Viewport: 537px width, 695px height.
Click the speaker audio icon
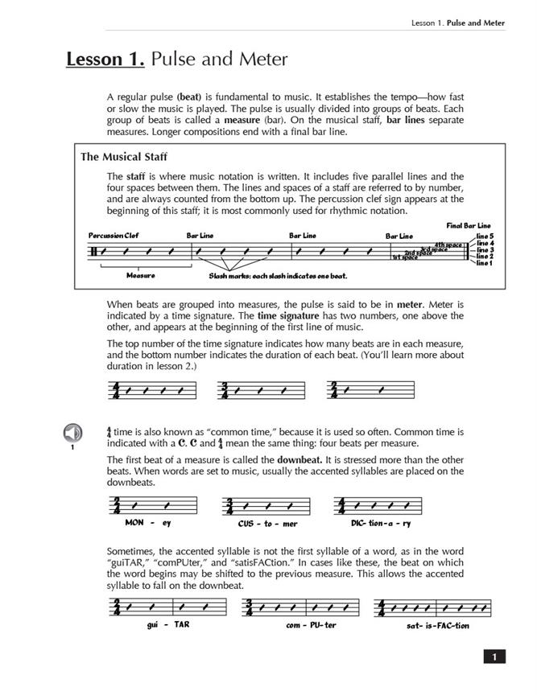point(72,434)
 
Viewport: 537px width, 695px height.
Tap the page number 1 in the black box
point(494,657)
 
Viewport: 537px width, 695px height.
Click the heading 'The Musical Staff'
point(124,157)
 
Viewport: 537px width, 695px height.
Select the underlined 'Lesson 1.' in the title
point(105,60)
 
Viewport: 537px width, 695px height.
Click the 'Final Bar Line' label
point(469,226)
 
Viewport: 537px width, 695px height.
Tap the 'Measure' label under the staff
point(140,275)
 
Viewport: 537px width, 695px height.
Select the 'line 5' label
point(484,236)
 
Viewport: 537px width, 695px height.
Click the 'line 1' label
point(484,263)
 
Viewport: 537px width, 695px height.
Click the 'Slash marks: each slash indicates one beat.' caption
point(278,276)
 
